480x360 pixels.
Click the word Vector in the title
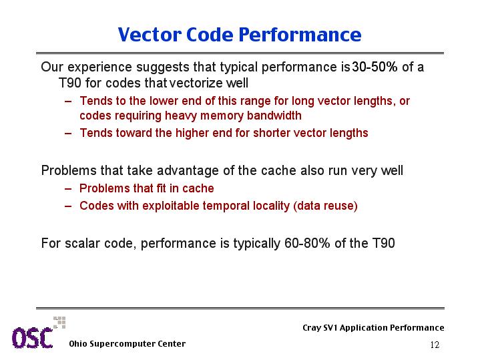click(x=150, y=34)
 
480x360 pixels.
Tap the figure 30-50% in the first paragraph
click(x=375, y=67)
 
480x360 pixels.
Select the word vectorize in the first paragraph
click(x=196, y=83)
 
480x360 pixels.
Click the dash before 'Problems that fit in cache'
click(x=68, y=189)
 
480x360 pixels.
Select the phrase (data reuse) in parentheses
click(x=325, y=206)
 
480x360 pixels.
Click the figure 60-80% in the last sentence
click(x=307, y=243)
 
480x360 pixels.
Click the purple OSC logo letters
click(x=33, y=338)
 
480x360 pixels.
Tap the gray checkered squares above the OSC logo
click(x=59, y=323)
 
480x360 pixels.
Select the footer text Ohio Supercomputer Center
click(x=128, y=344)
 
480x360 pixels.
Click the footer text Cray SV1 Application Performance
click(x=373, y=328)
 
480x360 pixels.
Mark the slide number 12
click(x=435, y=345)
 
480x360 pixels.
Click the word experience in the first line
click(x=99, y=67)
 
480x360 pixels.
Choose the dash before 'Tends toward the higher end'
click(x=68, y=134)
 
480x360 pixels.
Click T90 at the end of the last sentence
click(x=384, y=243)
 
